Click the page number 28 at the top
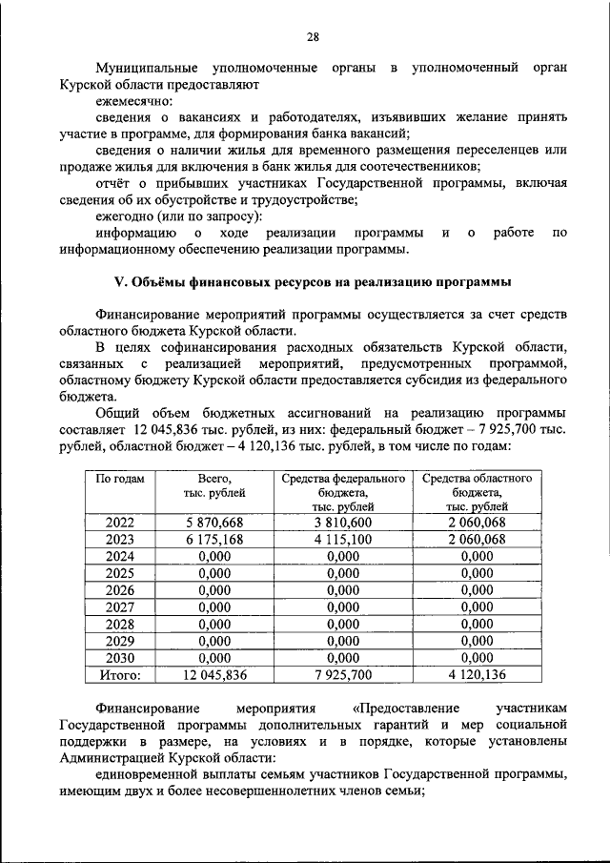point(312,37)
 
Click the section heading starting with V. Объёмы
point(313,282)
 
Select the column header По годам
point(120,479)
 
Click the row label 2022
point(120,523)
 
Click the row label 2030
point(120,658)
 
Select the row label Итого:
point(120,675)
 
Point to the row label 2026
point(120,590)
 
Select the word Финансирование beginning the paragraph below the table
point(147,709)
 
